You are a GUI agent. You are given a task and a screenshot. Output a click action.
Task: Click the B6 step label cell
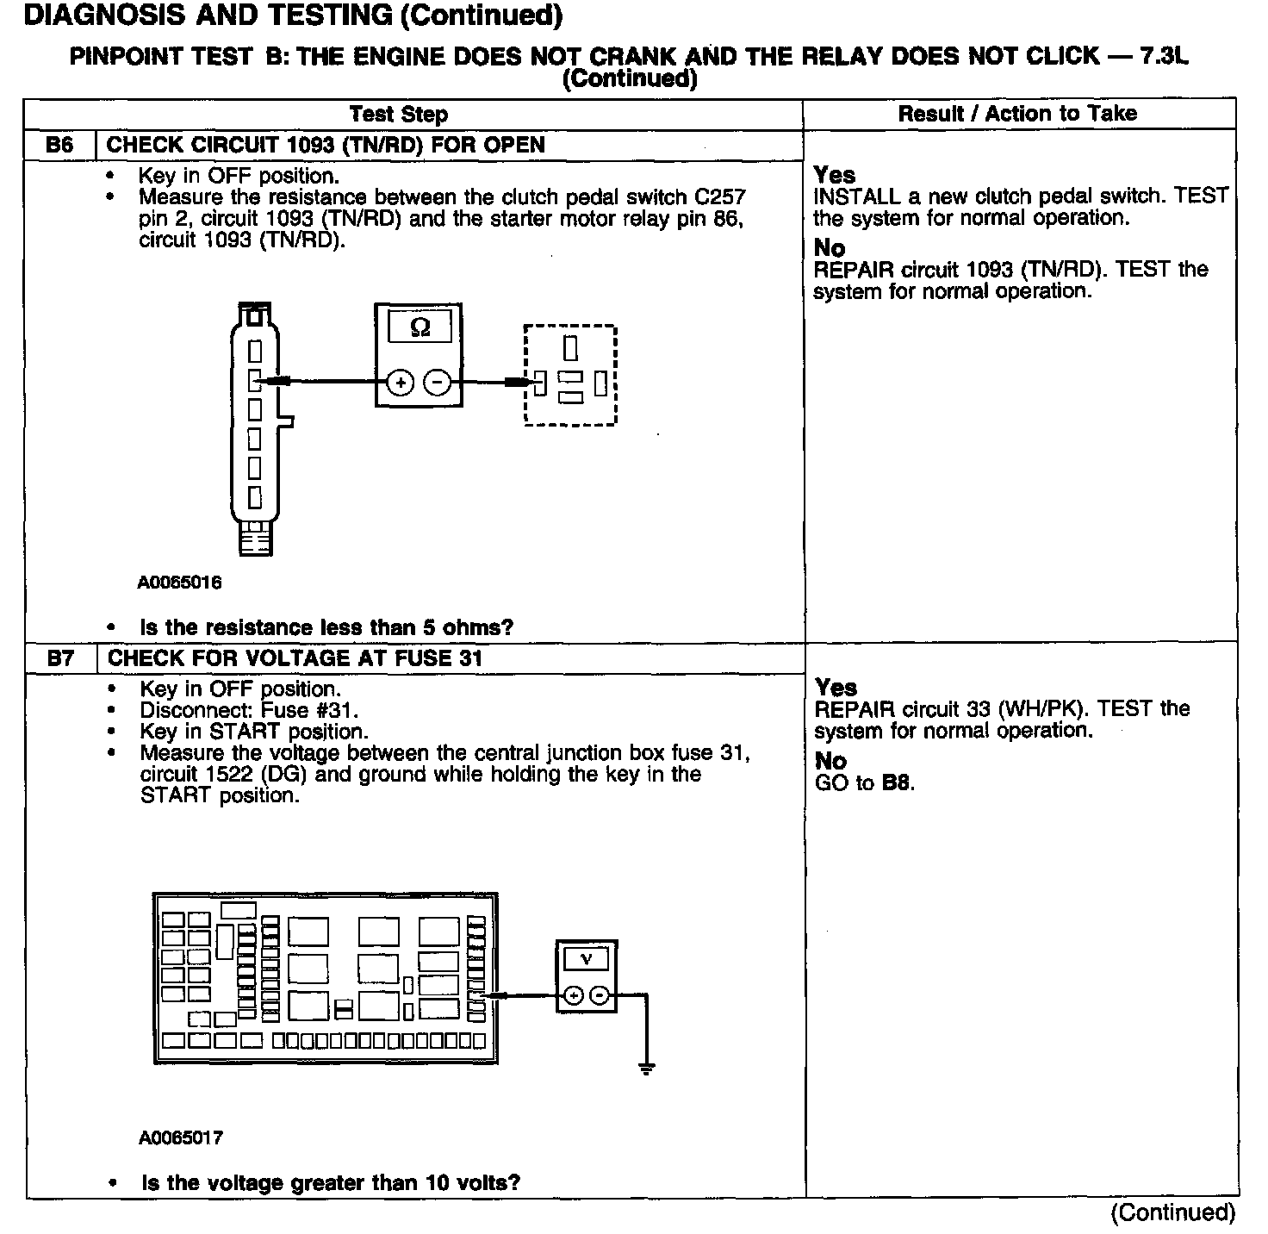[x=59, y=145]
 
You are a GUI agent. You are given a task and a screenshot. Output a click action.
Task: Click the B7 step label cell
[x=60, y=658]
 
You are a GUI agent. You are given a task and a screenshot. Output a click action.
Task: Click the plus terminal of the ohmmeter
[x=400, y=382]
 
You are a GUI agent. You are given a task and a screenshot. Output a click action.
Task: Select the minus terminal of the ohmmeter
[x=437, y=382]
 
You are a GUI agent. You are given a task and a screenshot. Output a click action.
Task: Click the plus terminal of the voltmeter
[x=572, y=997]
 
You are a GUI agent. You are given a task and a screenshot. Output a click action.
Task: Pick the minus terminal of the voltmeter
[x=600, y=997]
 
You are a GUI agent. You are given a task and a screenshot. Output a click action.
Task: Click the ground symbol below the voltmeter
[x=646, y=1069]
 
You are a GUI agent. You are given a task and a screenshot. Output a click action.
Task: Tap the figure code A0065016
[x=179, y=583]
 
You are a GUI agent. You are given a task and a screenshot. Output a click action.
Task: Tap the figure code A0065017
[x=180, y=1138]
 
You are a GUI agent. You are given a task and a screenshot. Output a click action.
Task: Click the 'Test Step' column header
[x=399, y=114]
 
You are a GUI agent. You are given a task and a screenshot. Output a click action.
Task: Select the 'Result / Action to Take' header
[x=1017, y=113]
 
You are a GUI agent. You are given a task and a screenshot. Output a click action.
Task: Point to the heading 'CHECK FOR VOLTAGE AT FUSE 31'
[x=295, y=658]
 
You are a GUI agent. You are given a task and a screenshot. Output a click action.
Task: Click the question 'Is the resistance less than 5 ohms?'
[x=326, y=627]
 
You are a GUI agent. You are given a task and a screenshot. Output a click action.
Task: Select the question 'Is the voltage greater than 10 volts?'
[x=331, y=1182]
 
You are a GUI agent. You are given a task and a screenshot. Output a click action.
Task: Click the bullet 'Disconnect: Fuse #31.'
[x=249, y=710]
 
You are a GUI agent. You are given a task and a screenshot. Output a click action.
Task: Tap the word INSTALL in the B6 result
[x=856, y=196]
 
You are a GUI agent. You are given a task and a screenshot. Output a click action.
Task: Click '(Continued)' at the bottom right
[x=1172, y=1212]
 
